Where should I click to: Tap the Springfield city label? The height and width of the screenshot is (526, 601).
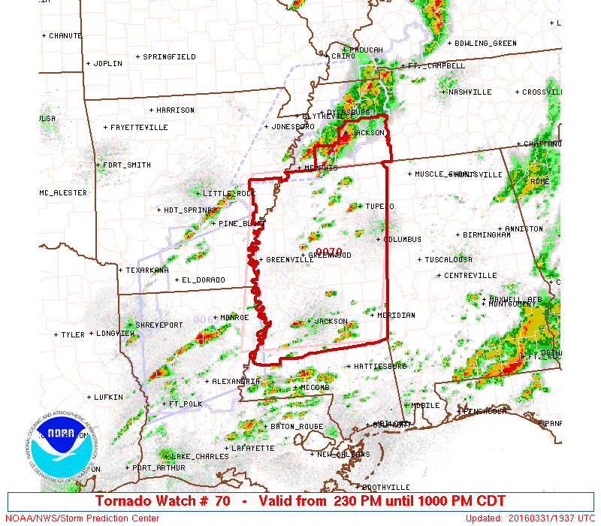click(x=169, y=57)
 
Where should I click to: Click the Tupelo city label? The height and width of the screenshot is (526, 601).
click(x=379, y=207)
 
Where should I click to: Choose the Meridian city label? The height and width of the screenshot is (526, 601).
click(x=395, y=316)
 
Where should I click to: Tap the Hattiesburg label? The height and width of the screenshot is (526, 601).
click(x=379, y=367)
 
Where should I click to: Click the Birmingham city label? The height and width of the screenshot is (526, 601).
click(x=487, y=235)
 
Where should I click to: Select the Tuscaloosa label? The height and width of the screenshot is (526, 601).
click(x=448, y=260)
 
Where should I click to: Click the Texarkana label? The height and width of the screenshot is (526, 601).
click(x=146, y=270)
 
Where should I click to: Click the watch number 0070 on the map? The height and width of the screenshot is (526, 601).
click(x=328, y=252)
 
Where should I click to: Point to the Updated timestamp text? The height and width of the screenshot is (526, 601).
click(x=530, y=518)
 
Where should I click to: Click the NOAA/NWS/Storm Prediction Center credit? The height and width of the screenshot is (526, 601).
click(x=83, y=518)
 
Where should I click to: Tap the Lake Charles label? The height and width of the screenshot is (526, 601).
click(x=200, y=457)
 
